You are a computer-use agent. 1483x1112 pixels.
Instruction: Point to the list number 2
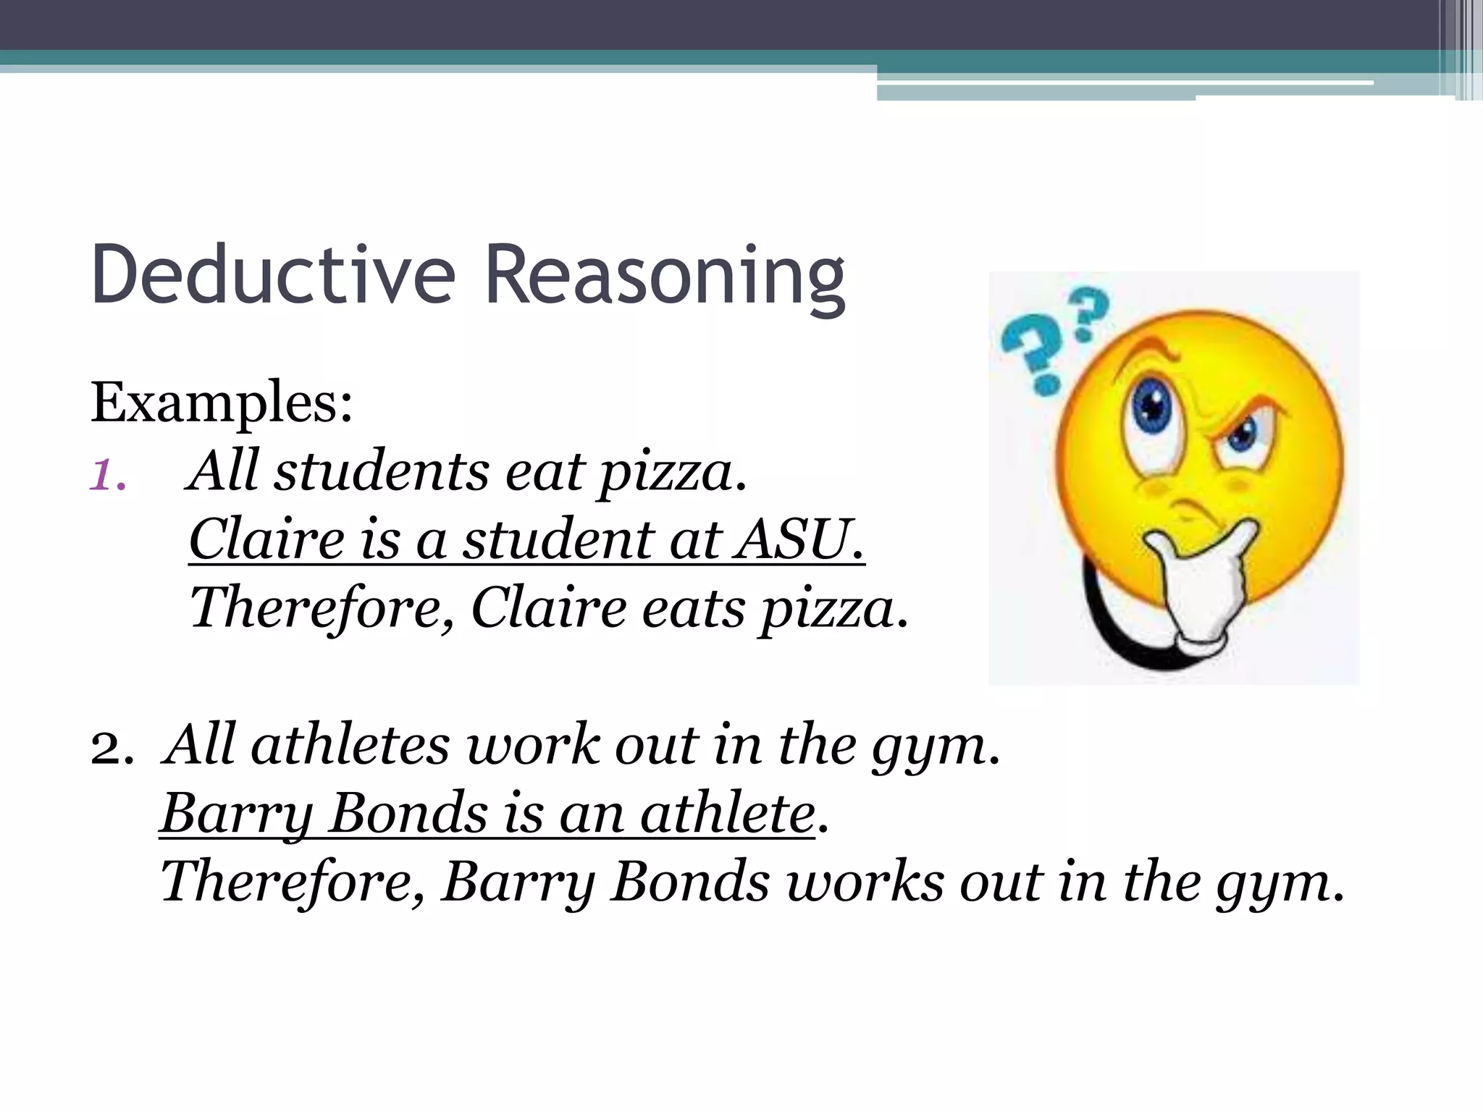click(x=111, y=749)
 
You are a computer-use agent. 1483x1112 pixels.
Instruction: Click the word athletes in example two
click(x=350, y=746)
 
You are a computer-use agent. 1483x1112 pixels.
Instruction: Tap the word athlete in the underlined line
click(x=727, y=814)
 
